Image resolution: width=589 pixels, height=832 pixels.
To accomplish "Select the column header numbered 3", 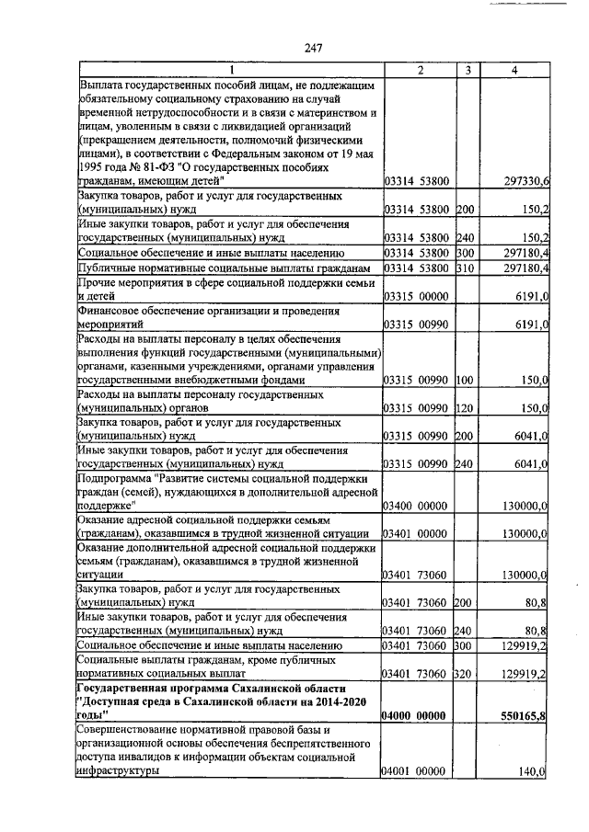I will click(468, 72).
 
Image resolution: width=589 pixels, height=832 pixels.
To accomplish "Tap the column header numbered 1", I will click(231, 72).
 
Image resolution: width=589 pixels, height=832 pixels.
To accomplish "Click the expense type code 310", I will click(465, 268).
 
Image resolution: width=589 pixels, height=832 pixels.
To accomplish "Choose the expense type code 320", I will click(465, 674).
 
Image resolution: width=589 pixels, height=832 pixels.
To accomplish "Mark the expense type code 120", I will click(465, 407).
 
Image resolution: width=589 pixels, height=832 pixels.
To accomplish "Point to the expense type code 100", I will click(465, 379).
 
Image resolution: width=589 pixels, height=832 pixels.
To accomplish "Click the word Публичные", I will click(108, 268).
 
